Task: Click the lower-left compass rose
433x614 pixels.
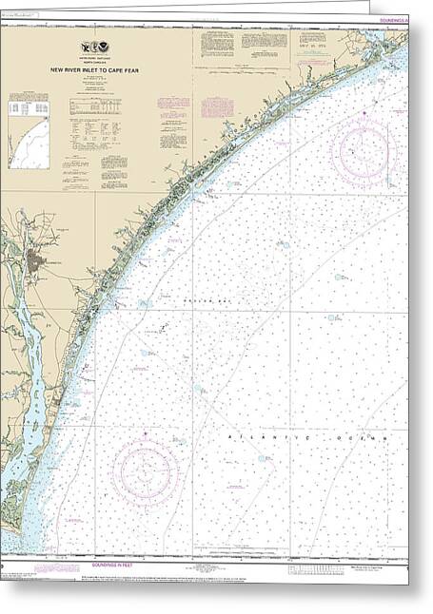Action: [146, 472]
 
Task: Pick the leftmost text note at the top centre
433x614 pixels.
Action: [213, 45]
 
